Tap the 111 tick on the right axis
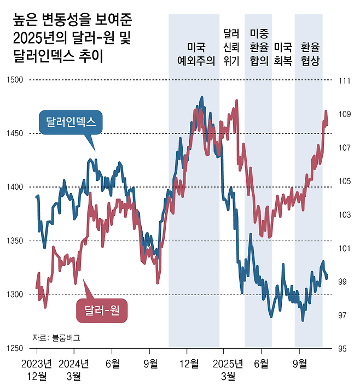(344, 81)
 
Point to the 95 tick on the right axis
(343, 349)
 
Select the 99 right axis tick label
(343, 282)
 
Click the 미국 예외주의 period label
(194, 54)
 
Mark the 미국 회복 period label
(283, 54)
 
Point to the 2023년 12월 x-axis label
(37, 369)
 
